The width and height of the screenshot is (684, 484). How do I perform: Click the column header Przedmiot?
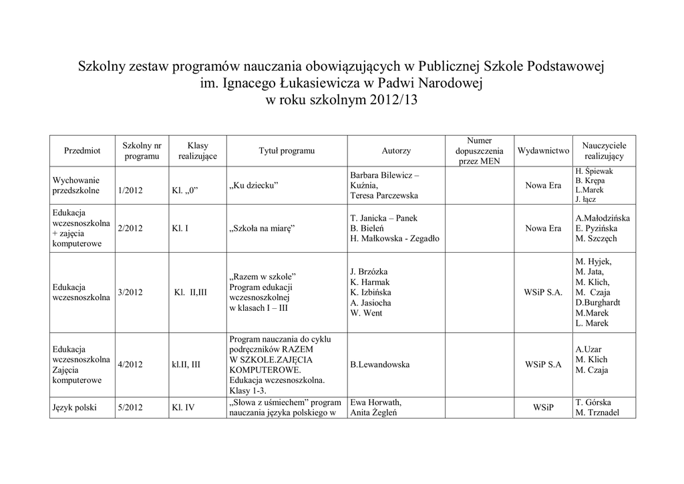click(x=82, y=151)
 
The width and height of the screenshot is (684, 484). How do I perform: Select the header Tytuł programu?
click(x=287, y=151)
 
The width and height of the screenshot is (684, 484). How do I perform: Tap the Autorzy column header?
click(x=396, y=151)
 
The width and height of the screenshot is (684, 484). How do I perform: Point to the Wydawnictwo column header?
click(x=543, y=151)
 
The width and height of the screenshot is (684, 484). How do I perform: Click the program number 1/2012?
click(x=130, y=191)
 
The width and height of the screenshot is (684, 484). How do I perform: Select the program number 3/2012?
click(x=130, y=292)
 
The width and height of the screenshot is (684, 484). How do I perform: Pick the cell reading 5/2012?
click(x=130, y=407)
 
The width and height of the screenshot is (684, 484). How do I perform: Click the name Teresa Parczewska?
click(x=384, y=196)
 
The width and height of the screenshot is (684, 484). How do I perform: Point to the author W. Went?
click(x=367, y=313)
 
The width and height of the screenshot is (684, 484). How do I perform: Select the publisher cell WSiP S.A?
click(x=544, y=292)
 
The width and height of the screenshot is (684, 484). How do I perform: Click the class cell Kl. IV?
click(x=183, y=407)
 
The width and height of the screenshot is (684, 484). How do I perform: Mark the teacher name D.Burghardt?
click(x=602, y=303)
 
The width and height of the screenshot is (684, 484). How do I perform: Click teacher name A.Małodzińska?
click(x=603, y=218)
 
